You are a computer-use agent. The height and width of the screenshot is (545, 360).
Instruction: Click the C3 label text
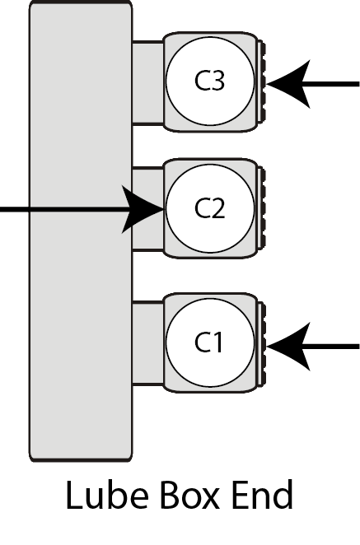click(x=209, y=81)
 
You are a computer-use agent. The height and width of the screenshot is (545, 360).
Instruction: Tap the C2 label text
click(x=210, y=208)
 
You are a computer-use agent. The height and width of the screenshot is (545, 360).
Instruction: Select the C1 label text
click(x=208, y=342)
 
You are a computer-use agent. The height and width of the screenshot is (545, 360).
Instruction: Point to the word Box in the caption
click(x=189, y=495)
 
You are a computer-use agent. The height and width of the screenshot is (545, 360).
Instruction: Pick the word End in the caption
click(x=262, y=495)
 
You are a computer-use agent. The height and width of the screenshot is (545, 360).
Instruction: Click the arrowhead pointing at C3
click(x=288, y=84)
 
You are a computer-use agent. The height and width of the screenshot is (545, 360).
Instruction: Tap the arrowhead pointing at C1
click(x=288, y=347)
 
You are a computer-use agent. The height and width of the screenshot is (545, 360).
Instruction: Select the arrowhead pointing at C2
click(x=143, y=209)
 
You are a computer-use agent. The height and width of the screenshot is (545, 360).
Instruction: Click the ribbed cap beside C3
click(x=261, y=82)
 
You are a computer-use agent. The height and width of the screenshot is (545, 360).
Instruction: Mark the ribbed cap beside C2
click(x=261, y=208)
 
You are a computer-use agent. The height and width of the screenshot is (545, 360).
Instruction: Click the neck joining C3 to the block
click(x=147, y=82)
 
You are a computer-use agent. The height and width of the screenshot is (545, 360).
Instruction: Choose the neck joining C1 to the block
click(x=147, y=342)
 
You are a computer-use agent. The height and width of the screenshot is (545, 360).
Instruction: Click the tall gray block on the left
click(x=81, y=231)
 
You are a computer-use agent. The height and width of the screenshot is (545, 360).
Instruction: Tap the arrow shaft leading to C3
click(x=330, y=84)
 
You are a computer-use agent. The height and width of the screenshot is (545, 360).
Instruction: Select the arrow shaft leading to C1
click(x=330, y=347)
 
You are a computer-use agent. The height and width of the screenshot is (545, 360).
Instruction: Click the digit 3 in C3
click(x=217, y=81)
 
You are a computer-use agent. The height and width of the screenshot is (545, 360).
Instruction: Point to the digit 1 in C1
click(x=217, y=342)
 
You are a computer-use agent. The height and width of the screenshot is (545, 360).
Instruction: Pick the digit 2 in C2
click(x=217, y=208)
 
